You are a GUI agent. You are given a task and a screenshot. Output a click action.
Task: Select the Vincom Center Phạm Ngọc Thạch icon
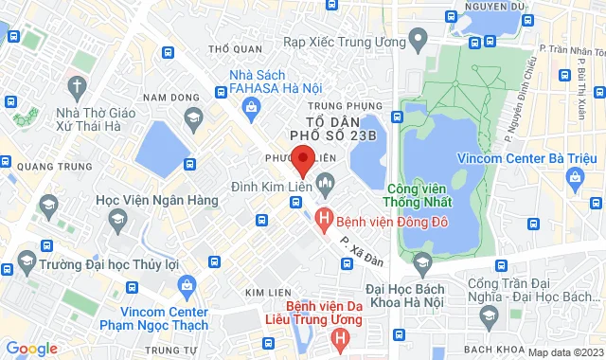tap(186, 284)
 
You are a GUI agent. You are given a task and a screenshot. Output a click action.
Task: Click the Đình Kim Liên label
tap(272, 180)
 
